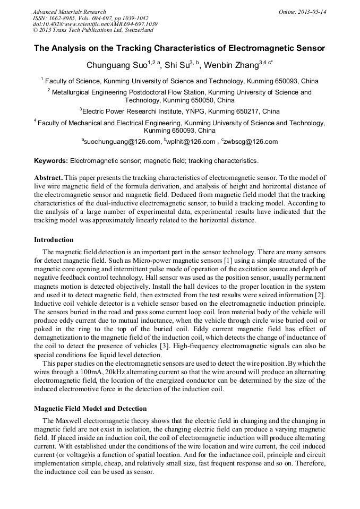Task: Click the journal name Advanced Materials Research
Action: pos(69,12)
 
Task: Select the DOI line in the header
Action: pos(95,24)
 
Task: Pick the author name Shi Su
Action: pos(177,65)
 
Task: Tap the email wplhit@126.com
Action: pos(191,142)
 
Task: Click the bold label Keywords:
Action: pos(51,160)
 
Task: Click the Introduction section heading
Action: pos(54,239)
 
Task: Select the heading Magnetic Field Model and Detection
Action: pos(90,408)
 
